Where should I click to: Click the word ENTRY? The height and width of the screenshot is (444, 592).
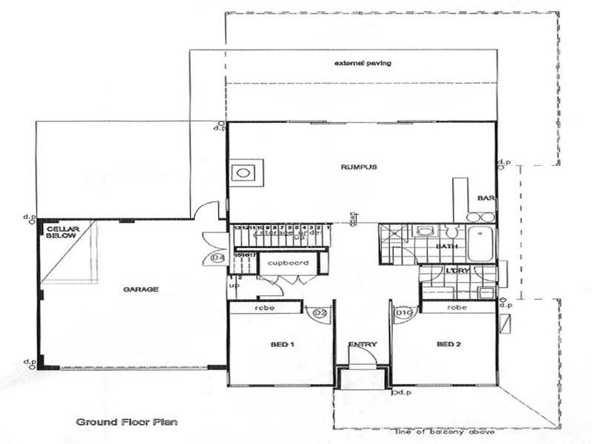tap(363, 344)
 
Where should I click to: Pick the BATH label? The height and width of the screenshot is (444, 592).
tap(445, 246)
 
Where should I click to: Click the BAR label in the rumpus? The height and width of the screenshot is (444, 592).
tap(485, 198)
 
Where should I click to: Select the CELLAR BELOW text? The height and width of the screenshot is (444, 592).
tap(62, 233)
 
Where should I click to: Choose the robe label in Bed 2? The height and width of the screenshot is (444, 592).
tap(457, 306)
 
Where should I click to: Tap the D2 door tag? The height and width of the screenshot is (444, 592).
tap(320, 314)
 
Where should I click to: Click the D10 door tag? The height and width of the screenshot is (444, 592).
tap(403, 314)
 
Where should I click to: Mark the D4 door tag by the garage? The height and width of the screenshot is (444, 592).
tap(218, 258)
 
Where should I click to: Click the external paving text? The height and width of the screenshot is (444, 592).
tap(363, 64)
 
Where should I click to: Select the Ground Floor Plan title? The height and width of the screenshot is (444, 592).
tap(126, 423)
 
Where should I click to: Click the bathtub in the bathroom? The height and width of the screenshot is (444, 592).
tap(481, 245)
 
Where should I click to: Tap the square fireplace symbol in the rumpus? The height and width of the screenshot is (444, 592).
tap(242, 174)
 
